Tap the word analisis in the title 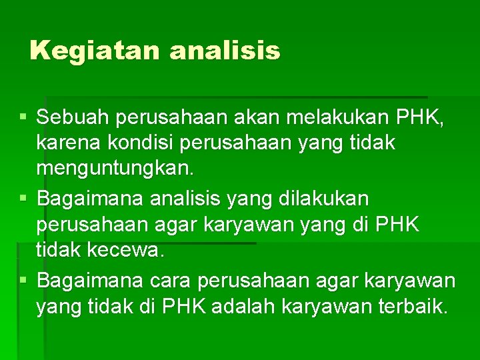225,51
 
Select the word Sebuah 73,119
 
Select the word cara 167,281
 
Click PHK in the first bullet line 419,119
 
